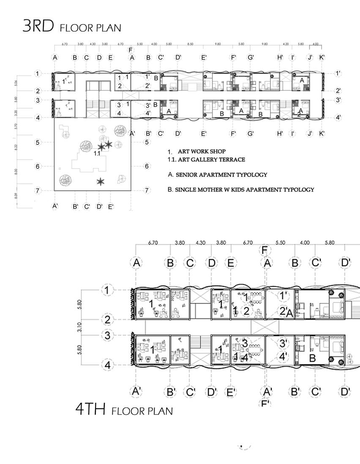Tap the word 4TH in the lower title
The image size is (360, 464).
coord(90,409)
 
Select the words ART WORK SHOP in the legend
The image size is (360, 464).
coord(202,151)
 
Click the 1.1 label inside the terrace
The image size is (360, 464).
coord(97,154)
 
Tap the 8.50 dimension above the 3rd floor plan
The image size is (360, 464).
coord(191,43)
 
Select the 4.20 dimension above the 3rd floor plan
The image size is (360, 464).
coord(286,43)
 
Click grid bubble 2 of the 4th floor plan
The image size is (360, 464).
coord(108,320)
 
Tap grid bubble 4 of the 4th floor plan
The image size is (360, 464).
coord(108,365)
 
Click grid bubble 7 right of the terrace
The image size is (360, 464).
coord(147,190)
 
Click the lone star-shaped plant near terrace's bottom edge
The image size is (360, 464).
coord(100,182)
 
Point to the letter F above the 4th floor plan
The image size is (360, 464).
coord(265,250)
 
